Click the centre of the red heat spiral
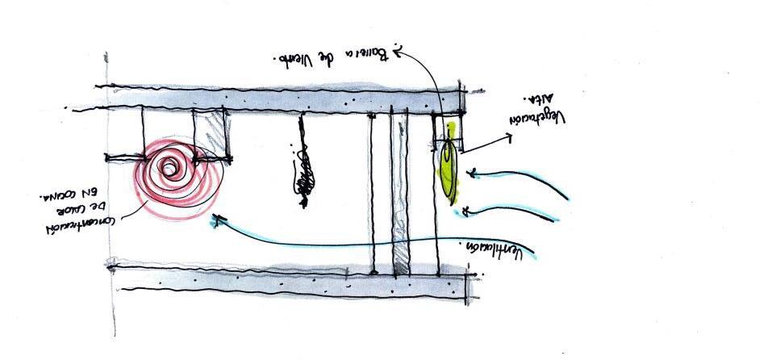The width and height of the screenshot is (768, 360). click(x=170, y=168)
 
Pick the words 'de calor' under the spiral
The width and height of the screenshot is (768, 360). click(x=71, y=206)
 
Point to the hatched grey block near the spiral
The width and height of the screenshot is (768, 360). click(x=215, y=133)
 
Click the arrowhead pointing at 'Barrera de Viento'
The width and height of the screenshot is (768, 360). click(x=401, y=50)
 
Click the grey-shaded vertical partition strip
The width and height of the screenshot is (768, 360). click(x=397, y=194)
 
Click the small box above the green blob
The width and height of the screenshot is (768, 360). click(x=449, y=133)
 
